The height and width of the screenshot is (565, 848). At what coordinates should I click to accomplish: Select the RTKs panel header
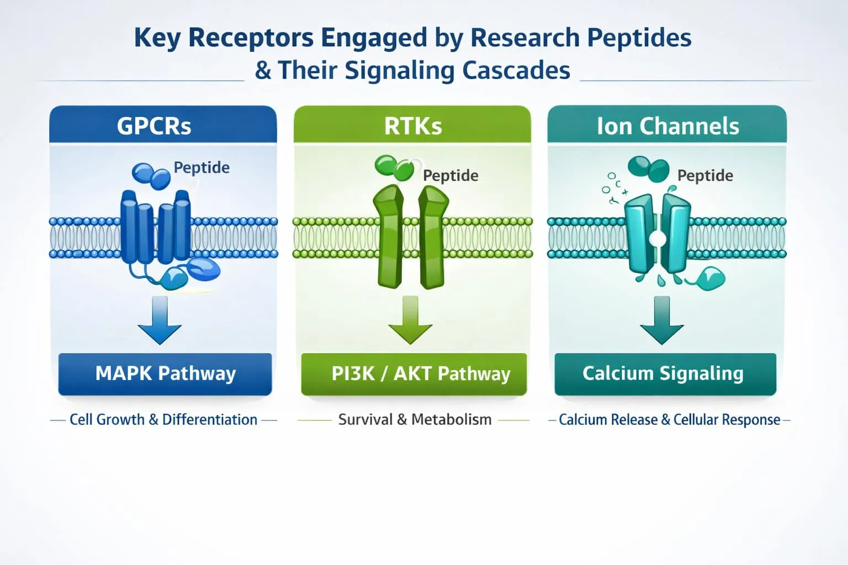pos(412,125)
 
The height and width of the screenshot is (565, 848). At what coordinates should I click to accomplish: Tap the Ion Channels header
pos(667,125)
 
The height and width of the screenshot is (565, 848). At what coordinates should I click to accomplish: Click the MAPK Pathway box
pos(165,374)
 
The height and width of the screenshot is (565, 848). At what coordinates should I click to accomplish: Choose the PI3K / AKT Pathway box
pos(414,374)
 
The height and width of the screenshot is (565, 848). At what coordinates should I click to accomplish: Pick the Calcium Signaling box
pos(665,374)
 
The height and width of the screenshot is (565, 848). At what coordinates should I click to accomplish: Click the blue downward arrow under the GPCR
pos(160,322)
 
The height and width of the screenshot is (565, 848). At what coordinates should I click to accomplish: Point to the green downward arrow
pos(410,322)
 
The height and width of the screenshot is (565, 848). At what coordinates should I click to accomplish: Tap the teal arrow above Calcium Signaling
pos(661,322)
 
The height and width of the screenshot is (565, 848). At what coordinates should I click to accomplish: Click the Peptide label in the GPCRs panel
pos(202,167)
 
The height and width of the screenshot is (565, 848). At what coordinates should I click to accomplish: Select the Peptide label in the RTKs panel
pos(451,175)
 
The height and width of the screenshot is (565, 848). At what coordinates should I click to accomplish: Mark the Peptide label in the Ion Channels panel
pos(705,175)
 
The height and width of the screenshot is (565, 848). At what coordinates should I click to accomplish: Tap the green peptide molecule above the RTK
pos(394,167)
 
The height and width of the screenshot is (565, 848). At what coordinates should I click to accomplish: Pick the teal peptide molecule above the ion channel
pos(649,168)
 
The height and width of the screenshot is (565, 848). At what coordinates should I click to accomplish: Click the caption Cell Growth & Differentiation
pos(163,420)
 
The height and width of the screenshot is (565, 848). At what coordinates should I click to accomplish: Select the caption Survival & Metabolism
pos(415,420)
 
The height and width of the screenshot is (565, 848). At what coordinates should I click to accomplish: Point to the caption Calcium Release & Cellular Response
pos(669,420)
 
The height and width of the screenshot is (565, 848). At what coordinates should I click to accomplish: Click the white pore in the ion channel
pos(657,239)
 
